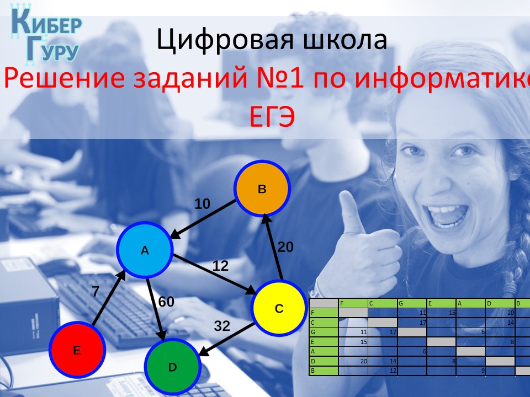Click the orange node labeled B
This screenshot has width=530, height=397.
(x=262, y=189)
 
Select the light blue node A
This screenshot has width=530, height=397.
(x=145, y=250)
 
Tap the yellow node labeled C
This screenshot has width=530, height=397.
(x=279, y=308)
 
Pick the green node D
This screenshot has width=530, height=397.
(x=172, y=367)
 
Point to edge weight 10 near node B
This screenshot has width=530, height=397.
(x=203, y=204)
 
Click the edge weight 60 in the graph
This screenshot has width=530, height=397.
(x=166, y=302)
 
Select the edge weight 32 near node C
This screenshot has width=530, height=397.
(x=222, y=326)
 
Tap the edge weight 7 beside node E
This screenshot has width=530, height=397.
(x=96, y=292)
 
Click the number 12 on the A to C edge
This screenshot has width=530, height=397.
(x=220, y=266)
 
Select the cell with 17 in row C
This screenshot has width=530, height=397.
(x=411, y=322)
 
